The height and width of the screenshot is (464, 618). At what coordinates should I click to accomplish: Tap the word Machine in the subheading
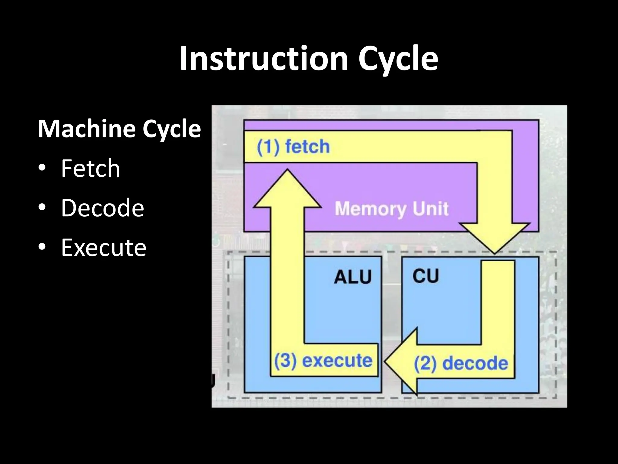click(x=86, y=129)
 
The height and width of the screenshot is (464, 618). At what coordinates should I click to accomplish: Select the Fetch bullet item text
click(x=91, y=168)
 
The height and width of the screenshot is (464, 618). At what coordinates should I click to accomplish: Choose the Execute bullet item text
click(x=104, y=247)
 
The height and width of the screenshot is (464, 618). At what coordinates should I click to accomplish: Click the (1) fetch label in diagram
click(x=293, y=147)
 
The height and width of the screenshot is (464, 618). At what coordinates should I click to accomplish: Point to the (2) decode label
click(x=461, y=363)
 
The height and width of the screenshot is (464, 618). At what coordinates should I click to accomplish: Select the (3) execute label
click(x=323, y=361)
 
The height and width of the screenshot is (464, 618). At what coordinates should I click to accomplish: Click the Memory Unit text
click(x=392, y=209)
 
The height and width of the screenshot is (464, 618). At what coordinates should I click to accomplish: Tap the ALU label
click(x=353, y=277)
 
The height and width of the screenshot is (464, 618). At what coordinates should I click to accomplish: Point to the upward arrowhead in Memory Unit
click(x=287, y=190)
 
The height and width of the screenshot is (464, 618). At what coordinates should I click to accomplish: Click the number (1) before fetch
click(x=268, y=147)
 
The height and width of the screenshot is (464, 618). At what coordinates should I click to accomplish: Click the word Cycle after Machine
click(x=171, y=129)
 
